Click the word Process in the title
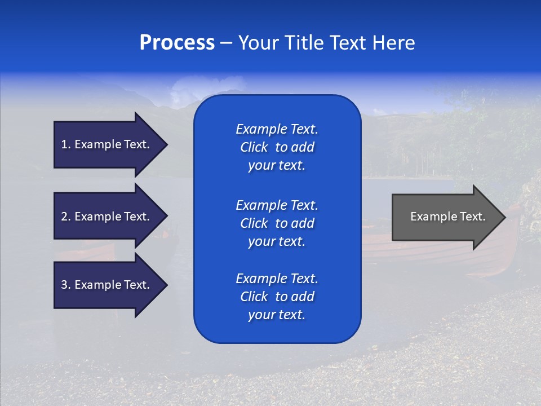click(x=177, y=43)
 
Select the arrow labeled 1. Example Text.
click(x=107, y=144)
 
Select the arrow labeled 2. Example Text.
click(x=107, y=217)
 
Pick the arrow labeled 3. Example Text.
click(x=107, y=285)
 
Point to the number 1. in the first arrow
click(x=66, y=144)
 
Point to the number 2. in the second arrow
click(x=66, y=217)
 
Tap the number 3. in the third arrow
click(x=66, y=285)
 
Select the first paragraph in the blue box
click(x=277, y=147)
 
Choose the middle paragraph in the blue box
click(x=277, y=223)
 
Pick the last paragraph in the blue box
click(x=277, y=297)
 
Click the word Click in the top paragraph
click(x=254, y=147)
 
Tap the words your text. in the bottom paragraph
click(x=277, y=315)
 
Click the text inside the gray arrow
click(x=447, y=217)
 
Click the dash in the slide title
click(x=226, y=43)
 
